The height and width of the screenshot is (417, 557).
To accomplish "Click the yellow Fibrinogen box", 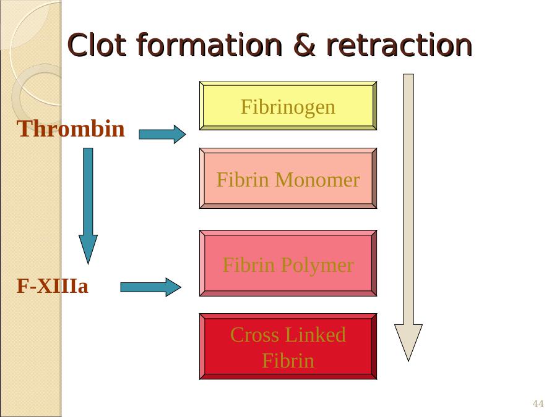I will (288, 106).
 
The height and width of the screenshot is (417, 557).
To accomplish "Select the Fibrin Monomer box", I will (288, 179).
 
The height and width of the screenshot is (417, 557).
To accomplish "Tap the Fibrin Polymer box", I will (288, 264).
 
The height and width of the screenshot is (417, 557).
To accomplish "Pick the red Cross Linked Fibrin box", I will (288, 347).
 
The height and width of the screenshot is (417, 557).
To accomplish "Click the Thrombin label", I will (71, 129).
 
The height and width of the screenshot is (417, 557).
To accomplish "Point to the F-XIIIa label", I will (53, 287).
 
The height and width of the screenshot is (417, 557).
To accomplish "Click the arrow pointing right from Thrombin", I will (162, 134).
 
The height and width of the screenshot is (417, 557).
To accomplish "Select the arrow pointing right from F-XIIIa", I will (150, 287).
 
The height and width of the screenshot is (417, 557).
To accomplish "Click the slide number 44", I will (538, 404).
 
